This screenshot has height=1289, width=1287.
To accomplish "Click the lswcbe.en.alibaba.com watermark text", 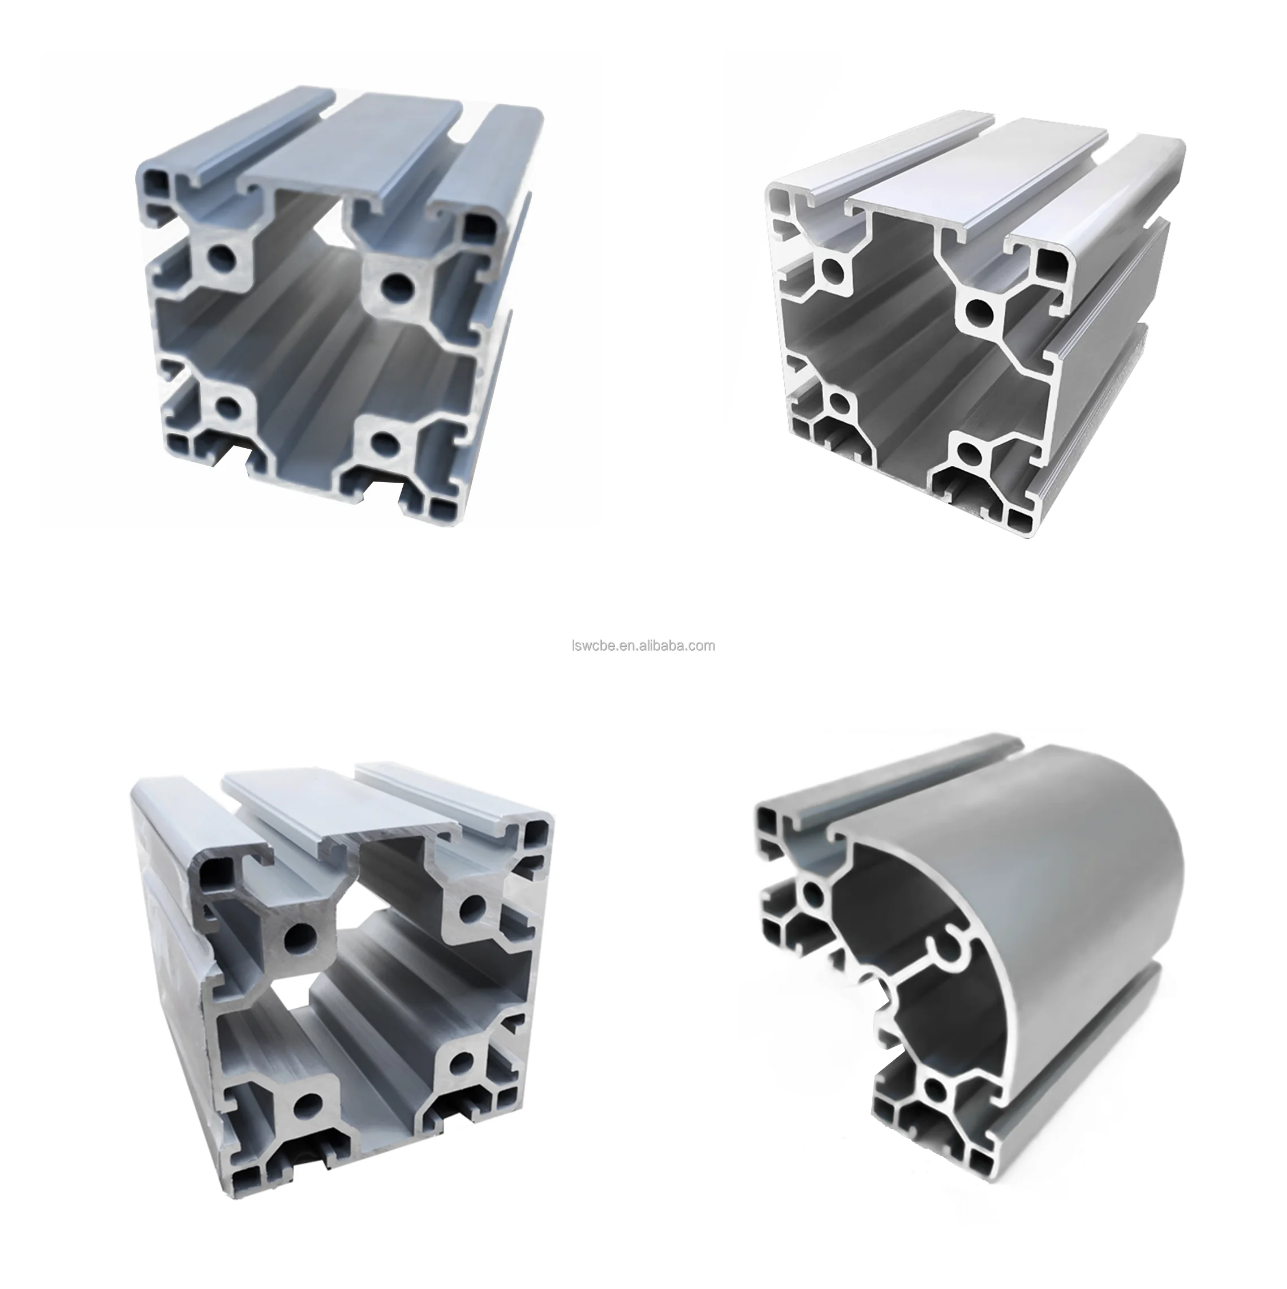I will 643,645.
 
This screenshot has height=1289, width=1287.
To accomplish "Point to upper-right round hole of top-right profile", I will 978,310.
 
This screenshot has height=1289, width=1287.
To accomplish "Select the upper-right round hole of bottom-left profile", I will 472,906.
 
